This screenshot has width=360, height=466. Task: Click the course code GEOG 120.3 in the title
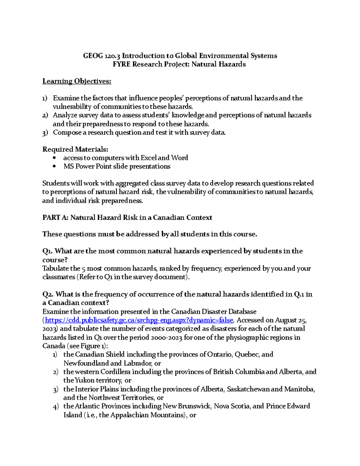click(x=101, y=56)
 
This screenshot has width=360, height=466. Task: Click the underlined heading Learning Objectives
click(x=77, y=81)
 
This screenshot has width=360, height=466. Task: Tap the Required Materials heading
click(x=75, y=149)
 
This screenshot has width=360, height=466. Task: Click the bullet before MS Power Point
click(x=54, y=167)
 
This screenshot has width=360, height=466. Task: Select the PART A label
click(x=55, y=218)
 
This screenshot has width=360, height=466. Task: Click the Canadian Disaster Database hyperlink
click(x=139, y=320)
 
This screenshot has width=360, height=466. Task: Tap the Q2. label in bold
click(x=48, y=294)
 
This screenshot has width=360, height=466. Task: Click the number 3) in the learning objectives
click(x=45, y=133)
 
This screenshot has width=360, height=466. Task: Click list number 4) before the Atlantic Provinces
click(x=55, y=407)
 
